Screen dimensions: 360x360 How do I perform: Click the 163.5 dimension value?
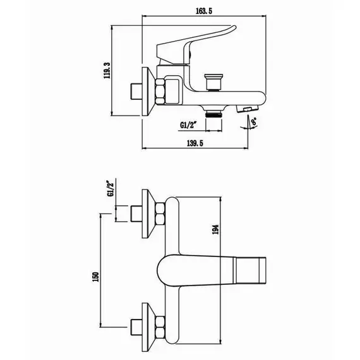[x=204, y=11]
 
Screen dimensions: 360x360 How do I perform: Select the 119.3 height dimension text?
[x=107, y=71]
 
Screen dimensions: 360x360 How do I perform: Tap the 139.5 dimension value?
[x=195, y=143]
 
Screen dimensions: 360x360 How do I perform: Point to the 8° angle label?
[x=254, y=121]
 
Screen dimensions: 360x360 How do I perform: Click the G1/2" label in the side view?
[x=189, y=125]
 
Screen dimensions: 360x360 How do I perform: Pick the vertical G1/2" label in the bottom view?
[x=111, y=188]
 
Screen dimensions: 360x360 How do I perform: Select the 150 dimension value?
[x=95, y=277]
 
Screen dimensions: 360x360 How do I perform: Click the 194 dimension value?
[x=215, y=229]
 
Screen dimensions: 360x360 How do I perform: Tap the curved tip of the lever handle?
[x=234, y=28]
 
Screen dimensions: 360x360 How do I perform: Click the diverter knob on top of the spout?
[x=213, y=82]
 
